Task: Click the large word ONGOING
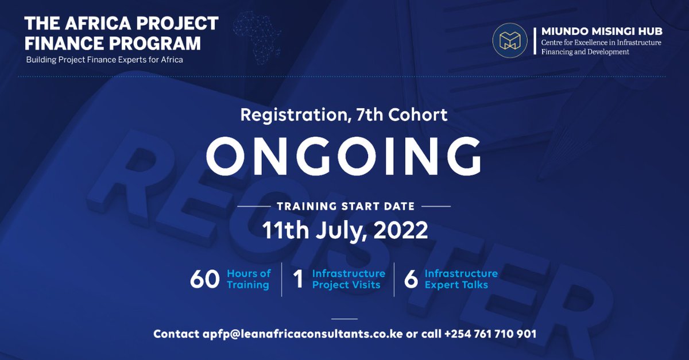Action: pyautogui.click(x=343, y=156)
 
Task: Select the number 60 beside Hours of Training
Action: pyautogui.click(x=205, y=279)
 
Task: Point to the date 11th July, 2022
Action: pyautogui.click(x=344, y=230)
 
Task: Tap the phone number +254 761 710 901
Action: pyautogui.click(x=482, y=334)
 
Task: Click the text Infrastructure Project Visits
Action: pyautogui.click(x=349, y=279)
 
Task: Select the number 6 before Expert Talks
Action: pyautogui.click(x=411, y=279)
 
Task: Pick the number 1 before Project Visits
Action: pyautogui.click(x=298, y=279)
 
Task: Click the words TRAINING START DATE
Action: pyautogui.click(x=344, y=206)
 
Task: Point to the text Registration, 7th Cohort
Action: pyautogui.click(x=343, y=114)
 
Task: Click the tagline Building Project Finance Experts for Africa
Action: pyautogui.click(x=104, y=60)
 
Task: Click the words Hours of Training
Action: pyautogui.click(x=249, y=279)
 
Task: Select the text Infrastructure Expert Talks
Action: pyautogui.click(x=461, y=279)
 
